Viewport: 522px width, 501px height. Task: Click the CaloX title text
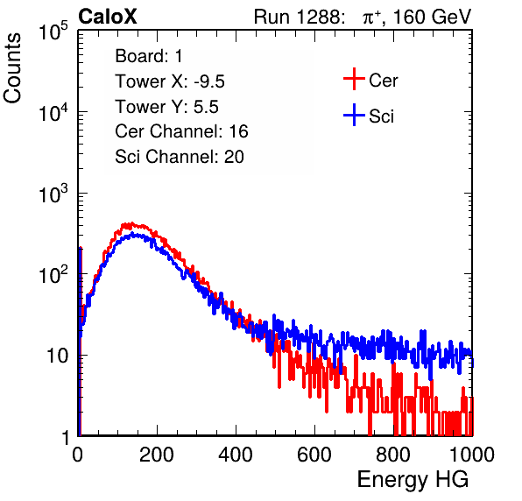pyautogui.click(x=107, y=17)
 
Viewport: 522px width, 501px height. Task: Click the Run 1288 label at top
pyautogui.click(x=298, y=17)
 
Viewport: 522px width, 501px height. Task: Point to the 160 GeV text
pyautogui.click(x=433, y=17)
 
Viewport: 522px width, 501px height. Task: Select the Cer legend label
pyautogui.click(x=383, y=81)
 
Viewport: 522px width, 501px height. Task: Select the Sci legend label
pyautogui.click(x=381, y=116)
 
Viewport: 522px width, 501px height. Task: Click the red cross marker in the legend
pyautogui.click(x=354, y=79)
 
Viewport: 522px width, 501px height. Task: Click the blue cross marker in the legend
pyautogui.click(x=354, y=115)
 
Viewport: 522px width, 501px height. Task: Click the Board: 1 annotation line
pyautogui.click(x=149, y=56)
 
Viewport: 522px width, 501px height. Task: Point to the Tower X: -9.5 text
pyautogui.click(x=170, y=81)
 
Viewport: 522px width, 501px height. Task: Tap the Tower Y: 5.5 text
pyautogui.click(x=166, y=107)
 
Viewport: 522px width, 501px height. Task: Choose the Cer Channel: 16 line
pyautogui.click(x=181, y=131)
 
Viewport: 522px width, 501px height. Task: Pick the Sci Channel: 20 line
pyautogui.click(x=180, y=157)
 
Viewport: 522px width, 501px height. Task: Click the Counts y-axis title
pyautogui.click(x=12, y=68)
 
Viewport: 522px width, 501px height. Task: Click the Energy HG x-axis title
pyautogui.click(x=413, y=480)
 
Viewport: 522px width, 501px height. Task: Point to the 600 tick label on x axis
pyautogui.click(x=314, y=455)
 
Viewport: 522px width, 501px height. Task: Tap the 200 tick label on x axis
pyautogui.click(x=157, y=455)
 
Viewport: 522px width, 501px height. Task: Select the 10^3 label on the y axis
pyautogui.click(x=53, y=194)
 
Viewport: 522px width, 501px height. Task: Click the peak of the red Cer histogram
pyautogui.click(x=132, y=223)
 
